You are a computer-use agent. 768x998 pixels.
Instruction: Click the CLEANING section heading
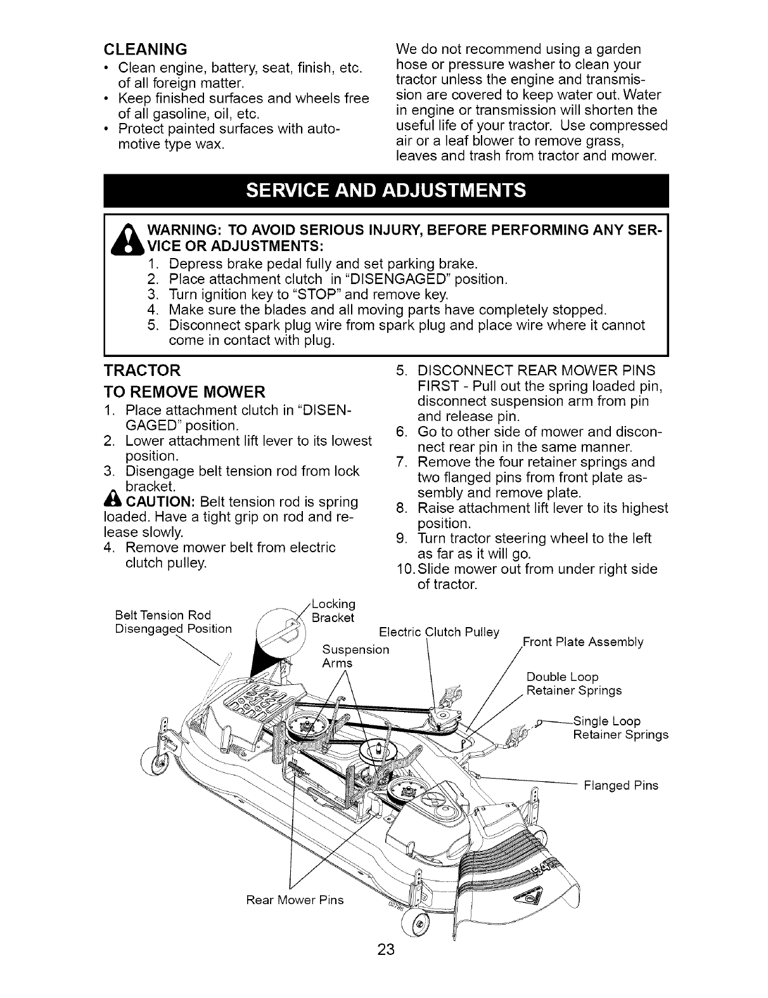click(145, 49)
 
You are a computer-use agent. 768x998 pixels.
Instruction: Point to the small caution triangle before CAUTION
click(108, 502)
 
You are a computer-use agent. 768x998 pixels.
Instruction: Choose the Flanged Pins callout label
click(621, 786)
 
